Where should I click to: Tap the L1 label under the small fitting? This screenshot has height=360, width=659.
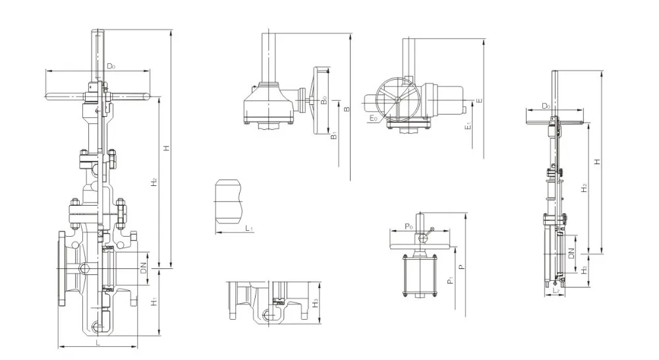(x=250, y=228)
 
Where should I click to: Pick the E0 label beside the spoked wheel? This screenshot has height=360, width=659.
(x=374, y=118)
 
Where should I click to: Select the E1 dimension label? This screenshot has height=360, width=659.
(x=467, y=125)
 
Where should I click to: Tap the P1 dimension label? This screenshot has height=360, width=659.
(x=449, y=281)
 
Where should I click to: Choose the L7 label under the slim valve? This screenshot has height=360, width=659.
(x=557, y=290)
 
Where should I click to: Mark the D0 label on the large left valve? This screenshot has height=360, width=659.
(x=111, y=66)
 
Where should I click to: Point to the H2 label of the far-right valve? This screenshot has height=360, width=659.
(x=584, y=188)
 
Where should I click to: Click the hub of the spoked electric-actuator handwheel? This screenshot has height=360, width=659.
(x=396, y=100)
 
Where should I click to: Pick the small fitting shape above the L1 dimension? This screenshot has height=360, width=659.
(x=229, y=199)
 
